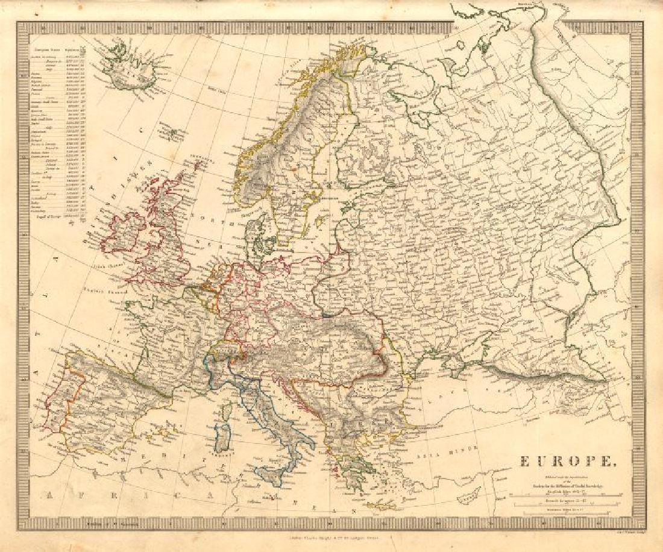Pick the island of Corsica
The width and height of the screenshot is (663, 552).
click(x=227, y=414)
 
